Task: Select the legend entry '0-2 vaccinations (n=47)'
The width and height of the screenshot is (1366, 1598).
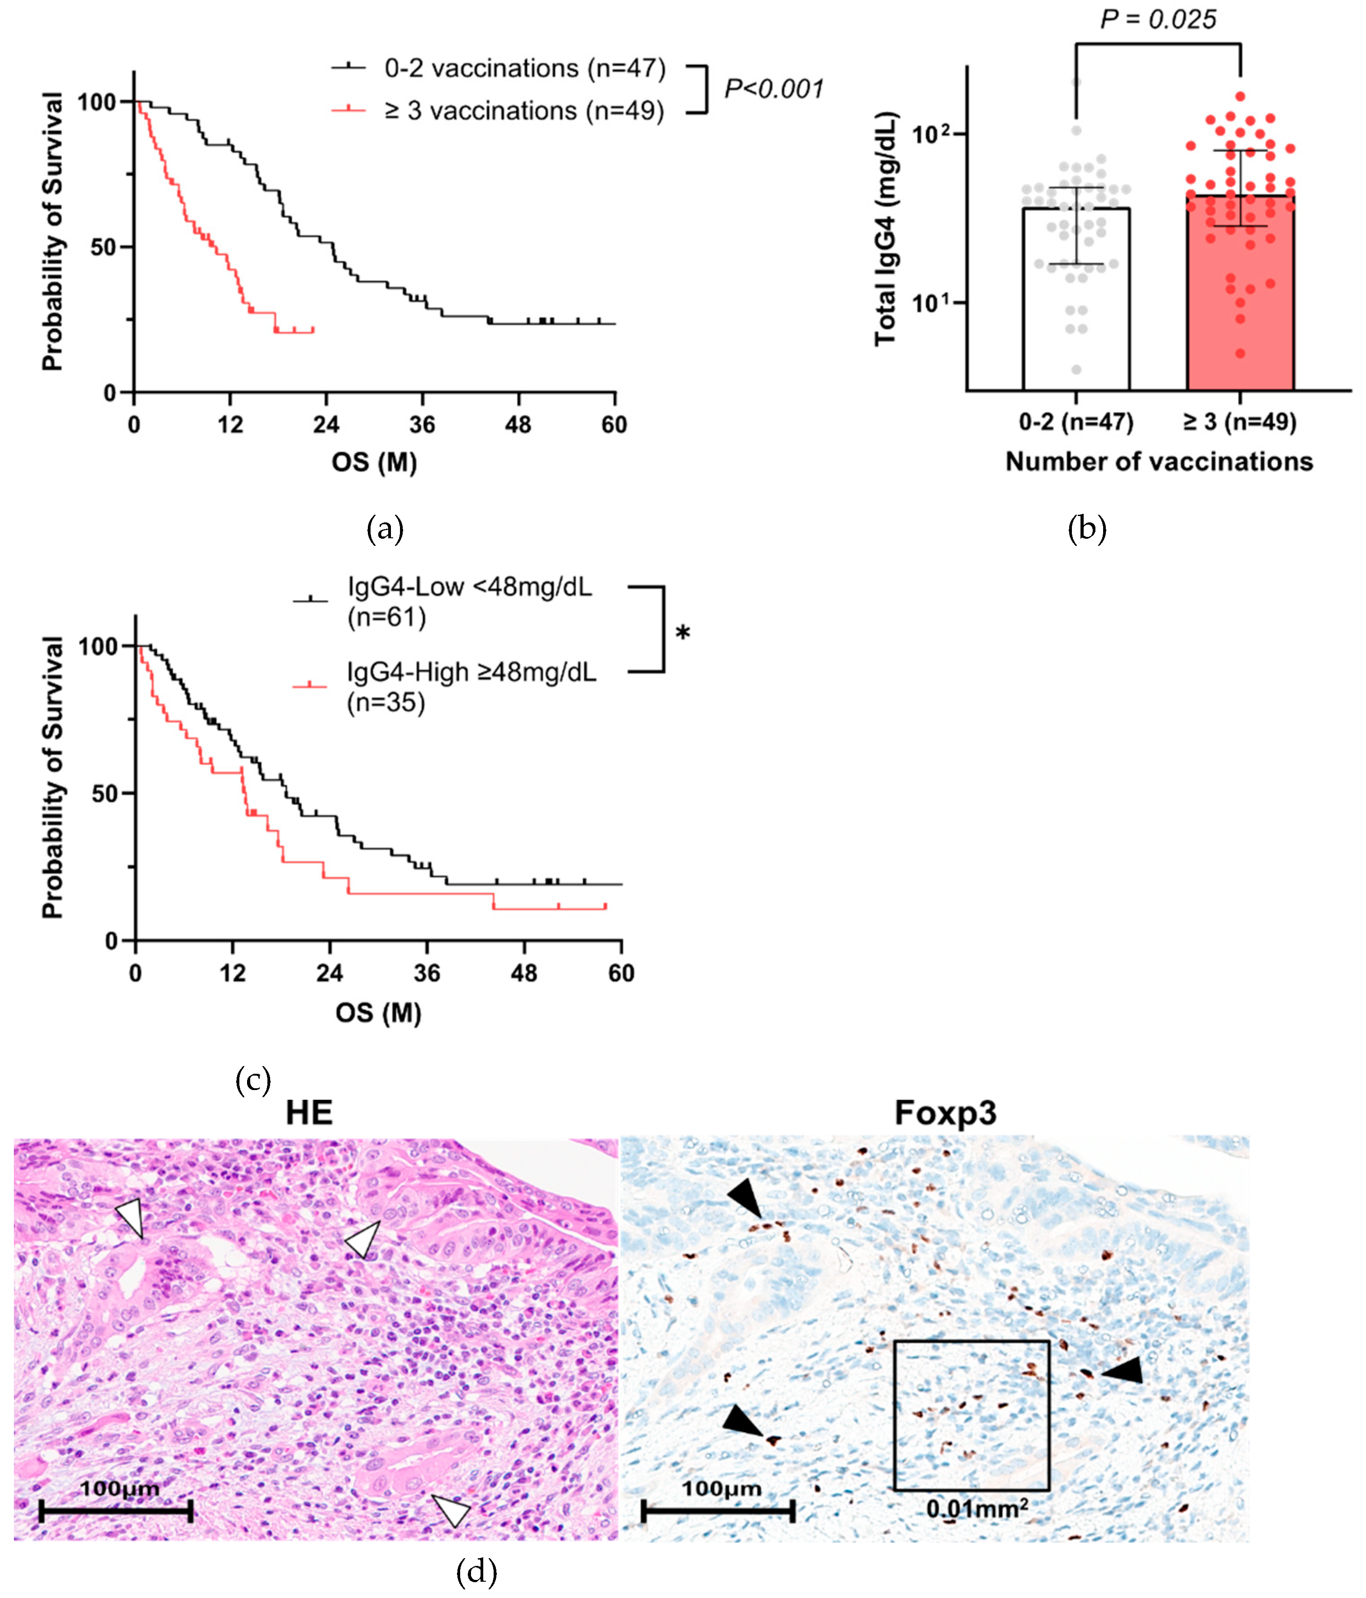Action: click(x=524, y=69)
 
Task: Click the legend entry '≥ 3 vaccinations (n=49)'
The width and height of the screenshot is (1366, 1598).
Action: click(x=524, y=111)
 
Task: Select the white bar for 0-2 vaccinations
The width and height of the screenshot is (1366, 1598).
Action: click(x=1076, y=324)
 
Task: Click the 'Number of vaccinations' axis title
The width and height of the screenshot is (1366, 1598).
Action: click(x=1158, y=462)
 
